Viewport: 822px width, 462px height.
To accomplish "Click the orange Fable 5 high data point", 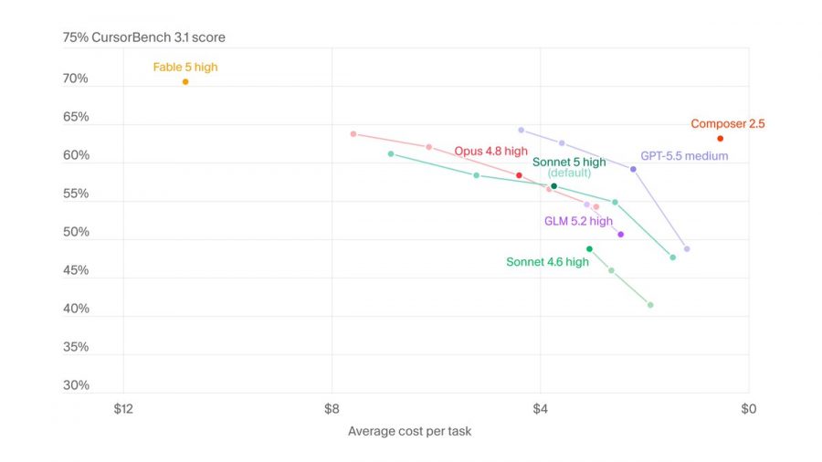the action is point(185,81).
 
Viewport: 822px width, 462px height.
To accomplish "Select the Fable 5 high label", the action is point(185,67).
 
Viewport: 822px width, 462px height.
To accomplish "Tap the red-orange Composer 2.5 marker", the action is point(721,138).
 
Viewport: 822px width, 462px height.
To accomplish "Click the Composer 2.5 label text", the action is point(728,123).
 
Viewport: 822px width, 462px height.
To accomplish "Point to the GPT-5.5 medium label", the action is point(684,155).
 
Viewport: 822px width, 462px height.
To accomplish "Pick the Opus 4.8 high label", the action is point(490,151).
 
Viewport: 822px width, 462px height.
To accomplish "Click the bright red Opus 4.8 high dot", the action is point(519,175).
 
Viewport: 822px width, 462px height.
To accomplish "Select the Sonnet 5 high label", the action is point(569,162).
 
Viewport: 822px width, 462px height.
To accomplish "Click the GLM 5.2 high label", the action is point(578,221).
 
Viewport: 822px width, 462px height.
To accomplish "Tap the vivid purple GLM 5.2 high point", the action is point(621,235).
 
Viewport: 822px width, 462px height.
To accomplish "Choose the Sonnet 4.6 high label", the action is point(547,262).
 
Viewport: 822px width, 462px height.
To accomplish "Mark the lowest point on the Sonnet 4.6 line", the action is point(650,305).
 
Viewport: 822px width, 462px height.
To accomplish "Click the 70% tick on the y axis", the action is point(76,79).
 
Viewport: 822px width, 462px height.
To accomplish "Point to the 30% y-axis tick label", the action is point(76,385).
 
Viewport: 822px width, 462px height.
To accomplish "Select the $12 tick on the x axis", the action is point(123,408).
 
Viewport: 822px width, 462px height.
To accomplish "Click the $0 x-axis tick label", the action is point(749,408).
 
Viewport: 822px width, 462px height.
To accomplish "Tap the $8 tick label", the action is point(332,408).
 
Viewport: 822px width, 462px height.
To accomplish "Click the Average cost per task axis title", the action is point(409,431).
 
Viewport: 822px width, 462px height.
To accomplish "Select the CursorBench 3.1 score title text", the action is point(158,37).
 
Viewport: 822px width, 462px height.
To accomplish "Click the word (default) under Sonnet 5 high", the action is point(569,173).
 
